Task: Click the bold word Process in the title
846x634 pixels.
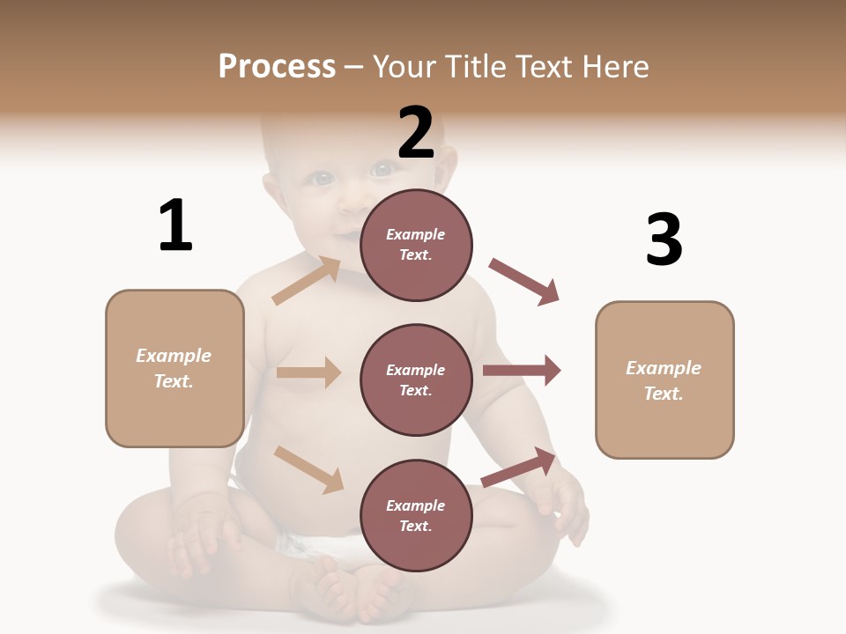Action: [277, 67]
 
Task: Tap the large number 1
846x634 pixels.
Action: [175, 226]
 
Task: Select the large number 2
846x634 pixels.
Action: [416, 133]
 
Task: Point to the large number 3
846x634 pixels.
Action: [664, 240]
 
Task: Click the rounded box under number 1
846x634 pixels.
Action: [174, 368]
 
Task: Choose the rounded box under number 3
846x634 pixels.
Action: [664, 380]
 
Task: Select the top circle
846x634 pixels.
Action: [416, 245]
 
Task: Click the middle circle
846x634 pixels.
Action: [416, 380]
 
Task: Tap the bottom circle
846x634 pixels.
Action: [416, 515]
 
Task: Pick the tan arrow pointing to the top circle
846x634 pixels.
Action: [307, 281]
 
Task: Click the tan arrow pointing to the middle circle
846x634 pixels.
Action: [308, 372]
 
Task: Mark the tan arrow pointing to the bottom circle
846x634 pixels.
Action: [308, 468]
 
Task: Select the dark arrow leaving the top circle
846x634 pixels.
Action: [524, 281]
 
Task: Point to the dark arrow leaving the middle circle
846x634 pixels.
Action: [522, 371]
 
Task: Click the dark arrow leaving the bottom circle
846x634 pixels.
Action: [519, 467]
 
